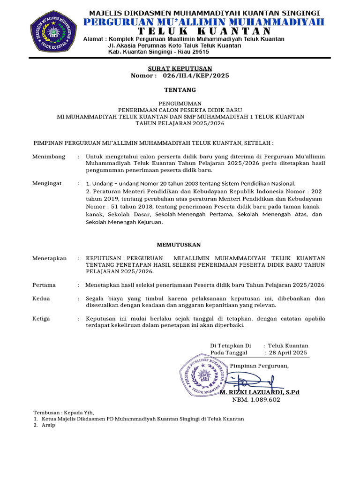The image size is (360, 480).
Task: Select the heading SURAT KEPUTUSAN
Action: pyautogui.click(x=180, y=68)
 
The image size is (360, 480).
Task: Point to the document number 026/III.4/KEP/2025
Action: pyautogui.click(x=196, y=75)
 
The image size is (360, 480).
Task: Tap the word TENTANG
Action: pyautogui.click(x=180, y=90)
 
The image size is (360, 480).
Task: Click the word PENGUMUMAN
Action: pyautogui.click(x=180, y=103)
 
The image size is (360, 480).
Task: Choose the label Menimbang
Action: pyautogui.click(x=49, y=156)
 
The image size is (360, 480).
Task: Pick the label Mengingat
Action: pyautogui.click(x=47, y=183)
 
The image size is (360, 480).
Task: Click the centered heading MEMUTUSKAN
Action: pyautogui.click(x=178, y=245)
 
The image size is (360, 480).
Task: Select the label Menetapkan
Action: pyautogui.click(x=49, y=258)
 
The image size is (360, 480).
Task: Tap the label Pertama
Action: pyautogui.click(x=44, y=285)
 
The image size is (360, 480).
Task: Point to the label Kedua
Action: pyautogui.click(x=41, y=299)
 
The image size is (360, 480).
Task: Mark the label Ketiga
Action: pyautogui.click(x=42, y=319)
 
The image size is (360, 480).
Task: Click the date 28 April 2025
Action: pyautogui.click(x=287, y=352)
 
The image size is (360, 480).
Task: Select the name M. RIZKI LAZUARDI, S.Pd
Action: pyautogui.click(x=260, y=392)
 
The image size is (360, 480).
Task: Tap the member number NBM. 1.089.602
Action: pyautogui.click(x=256, y=400)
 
